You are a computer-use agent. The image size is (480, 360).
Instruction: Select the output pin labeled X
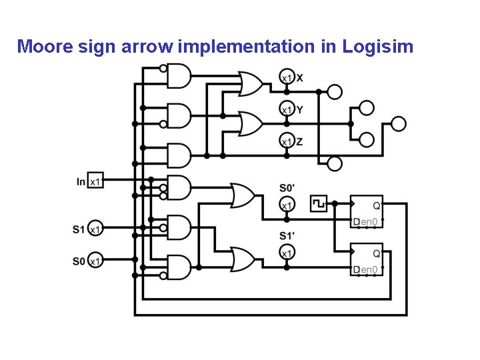(286, 78)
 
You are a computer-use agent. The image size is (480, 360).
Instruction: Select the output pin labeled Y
(286, 109)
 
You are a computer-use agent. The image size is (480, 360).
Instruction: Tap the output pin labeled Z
(286, 141)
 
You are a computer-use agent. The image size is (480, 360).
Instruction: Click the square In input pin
(95, 181)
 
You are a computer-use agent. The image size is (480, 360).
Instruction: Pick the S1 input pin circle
(95, 229)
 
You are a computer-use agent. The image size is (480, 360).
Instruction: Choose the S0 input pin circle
(95, 261)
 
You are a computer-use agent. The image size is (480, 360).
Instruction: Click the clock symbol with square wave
(319, 203)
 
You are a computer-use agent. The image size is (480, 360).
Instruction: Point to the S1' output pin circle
(286, 253)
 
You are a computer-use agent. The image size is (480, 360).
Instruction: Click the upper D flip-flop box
(367, 211)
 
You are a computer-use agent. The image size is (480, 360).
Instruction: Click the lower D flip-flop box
(367, 259)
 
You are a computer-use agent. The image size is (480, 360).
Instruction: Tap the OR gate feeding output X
(250, 84)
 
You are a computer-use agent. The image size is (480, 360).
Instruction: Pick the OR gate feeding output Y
(250, 123)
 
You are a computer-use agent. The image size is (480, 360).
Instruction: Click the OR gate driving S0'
(242, 196)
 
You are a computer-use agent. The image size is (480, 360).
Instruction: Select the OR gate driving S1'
(242, 259)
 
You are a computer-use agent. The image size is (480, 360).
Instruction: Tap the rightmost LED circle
(398, 123)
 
